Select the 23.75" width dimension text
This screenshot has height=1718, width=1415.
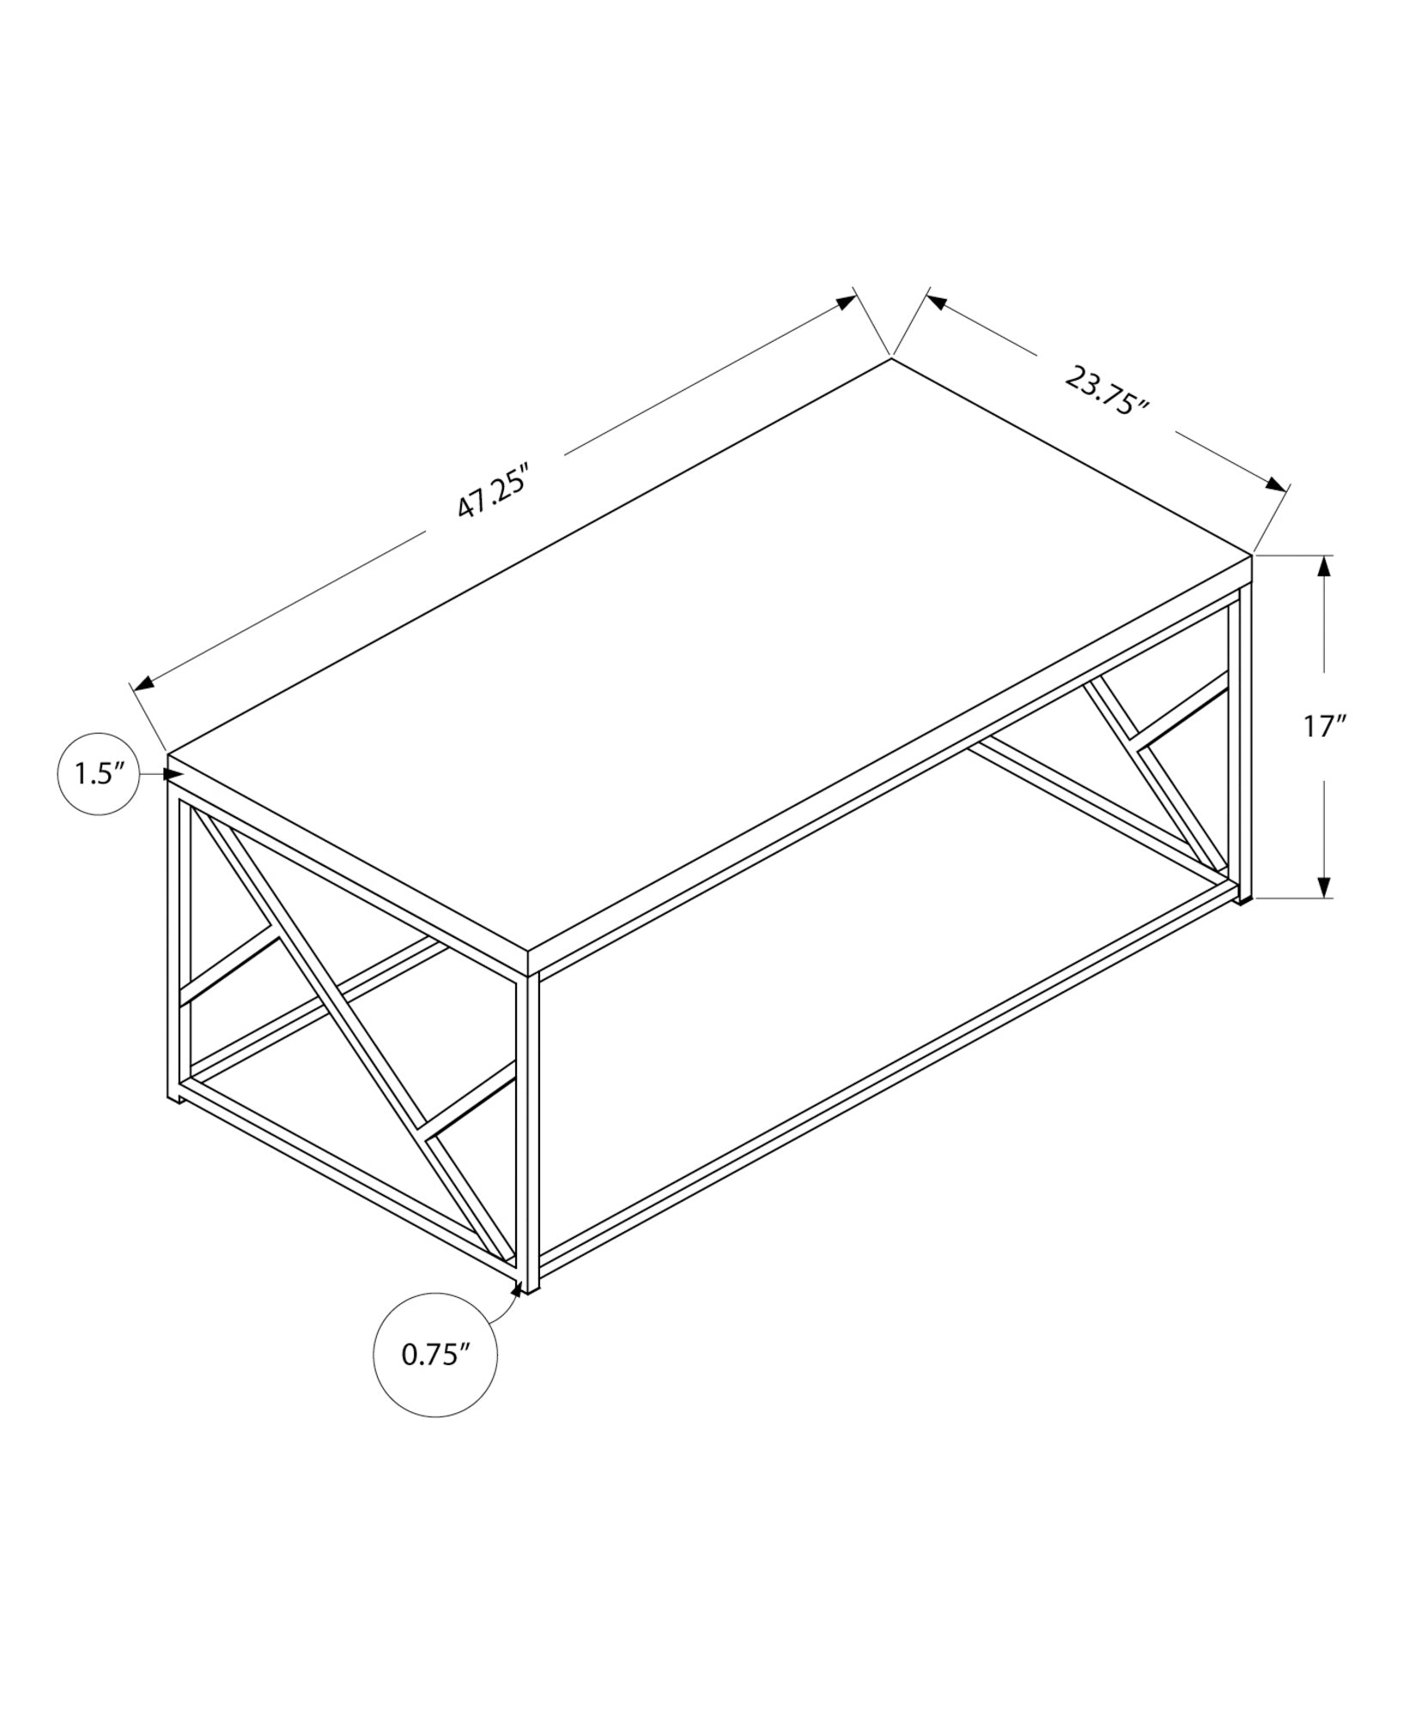1107,390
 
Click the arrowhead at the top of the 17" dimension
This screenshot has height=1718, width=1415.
1325,568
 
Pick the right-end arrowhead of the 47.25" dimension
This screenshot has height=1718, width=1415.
846,302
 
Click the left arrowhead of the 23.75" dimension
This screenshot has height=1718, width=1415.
936,302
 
